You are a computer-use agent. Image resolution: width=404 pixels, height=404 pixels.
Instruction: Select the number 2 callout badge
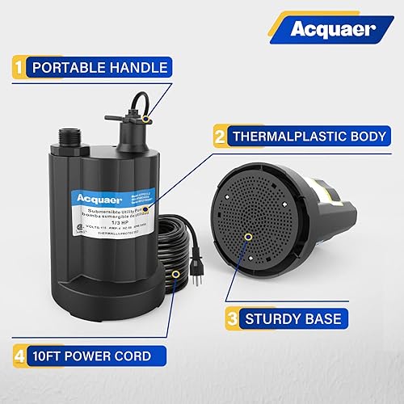coord(219,136)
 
